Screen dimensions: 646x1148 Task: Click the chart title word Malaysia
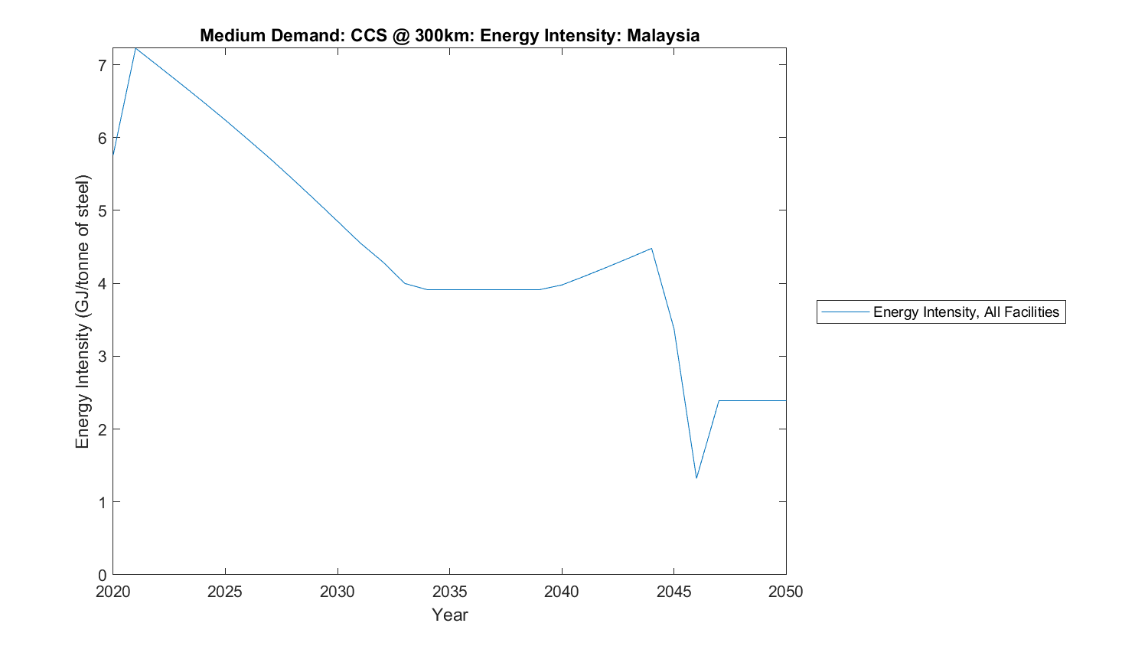coord(663,35)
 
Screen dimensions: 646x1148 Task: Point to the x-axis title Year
coord(449,615)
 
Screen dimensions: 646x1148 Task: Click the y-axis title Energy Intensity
coord(83,312)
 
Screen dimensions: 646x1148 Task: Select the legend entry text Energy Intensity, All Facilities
coord(966,312)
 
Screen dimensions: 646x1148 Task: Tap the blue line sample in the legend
coord(845,312)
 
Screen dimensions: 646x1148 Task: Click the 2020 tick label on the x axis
coord(113,592)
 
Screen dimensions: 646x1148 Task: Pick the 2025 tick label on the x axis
coord(225,592)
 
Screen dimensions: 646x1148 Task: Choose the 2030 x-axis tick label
coord(338,592)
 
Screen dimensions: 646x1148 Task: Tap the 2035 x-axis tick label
coord(449,592)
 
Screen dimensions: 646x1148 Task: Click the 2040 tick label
coord(562,592)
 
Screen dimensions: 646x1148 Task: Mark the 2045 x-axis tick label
coord(673,592)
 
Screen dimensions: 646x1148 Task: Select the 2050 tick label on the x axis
coord(786,592)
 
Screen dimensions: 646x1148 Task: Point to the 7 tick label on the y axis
coord(102,65)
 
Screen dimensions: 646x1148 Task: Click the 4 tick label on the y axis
coord(102,284)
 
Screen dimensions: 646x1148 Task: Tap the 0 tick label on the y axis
coord(102,575)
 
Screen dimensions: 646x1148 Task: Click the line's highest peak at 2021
coord(135,48)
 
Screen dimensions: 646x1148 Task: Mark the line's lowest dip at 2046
coord(696,478)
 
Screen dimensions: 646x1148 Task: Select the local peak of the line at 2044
coord(651,248)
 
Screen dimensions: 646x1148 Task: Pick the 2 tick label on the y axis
coord(102,429)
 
